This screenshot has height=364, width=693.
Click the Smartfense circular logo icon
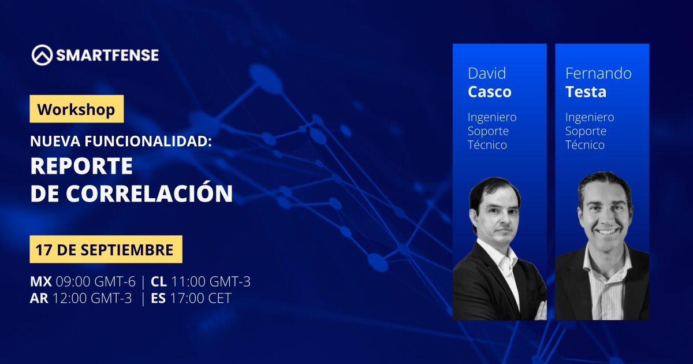(42, 55)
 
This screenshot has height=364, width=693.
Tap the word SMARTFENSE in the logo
(107, 55)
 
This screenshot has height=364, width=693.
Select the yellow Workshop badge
(77, 109)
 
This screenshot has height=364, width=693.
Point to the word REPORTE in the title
(81, 166)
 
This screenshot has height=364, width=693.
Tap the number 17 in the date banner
(43, 250)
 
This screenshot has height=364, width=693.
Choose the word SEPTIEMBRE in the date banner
(127, 250)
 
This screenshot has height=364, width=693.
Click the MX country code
(41, 282)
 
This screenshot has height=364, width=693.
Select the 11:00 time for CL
(188, 282)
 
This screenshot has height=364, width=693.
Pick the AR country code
(39, 298)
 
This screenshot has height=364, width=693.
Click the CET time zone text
(219, 298)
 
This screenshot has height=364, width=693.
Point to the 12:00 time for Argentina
(70, 298)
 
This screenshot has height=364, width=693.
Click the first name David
(487, 74)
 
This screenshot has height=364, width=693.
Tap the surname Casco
(490, 92)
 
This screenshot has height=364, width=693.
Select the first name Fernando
(598, 74)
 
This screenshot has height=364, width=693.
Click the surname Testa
(586, 92)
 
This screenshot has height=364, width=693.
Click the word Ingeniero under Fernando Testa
(590, 117)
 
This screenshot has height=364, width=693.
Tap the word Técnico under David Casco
(487, 145)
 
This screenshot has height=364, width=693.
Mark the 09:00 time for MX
(73, 282)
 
